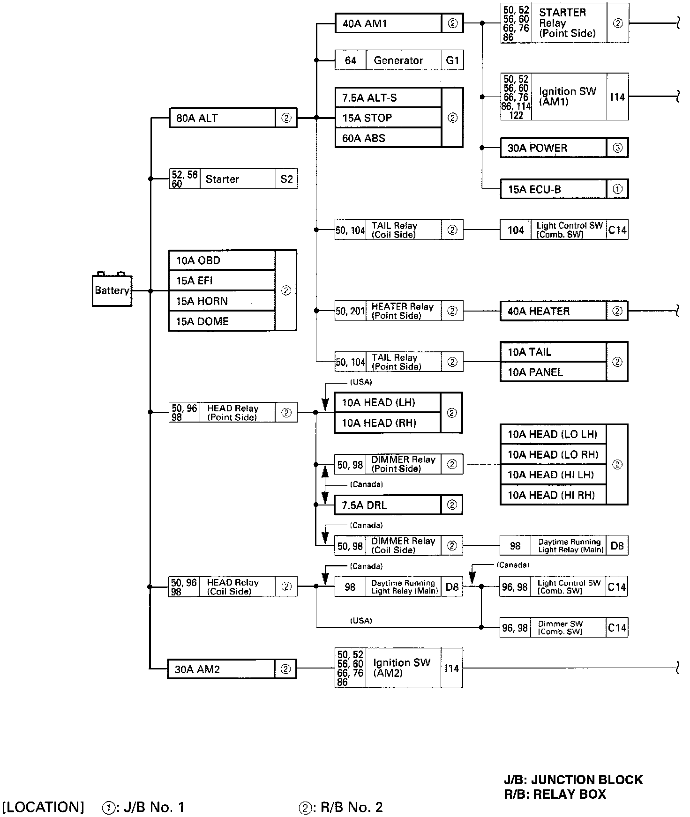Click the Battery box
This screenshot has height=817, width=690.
[x=112, y=290]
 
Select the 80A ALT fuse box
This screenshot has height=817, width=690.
[x=222, y=118]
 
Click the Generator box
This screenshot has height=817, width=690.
[x=398, y=60]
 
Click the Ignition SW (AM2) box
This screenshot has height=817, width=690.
[x=402, y=668]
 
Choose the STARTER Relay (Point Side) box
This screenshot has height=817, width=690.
[x=568, y=23]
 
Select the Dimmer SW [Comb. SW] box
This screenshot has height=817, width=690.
[x=561, y=628]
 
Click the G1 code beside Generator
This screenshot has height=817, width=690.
[x=452, y=60]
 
